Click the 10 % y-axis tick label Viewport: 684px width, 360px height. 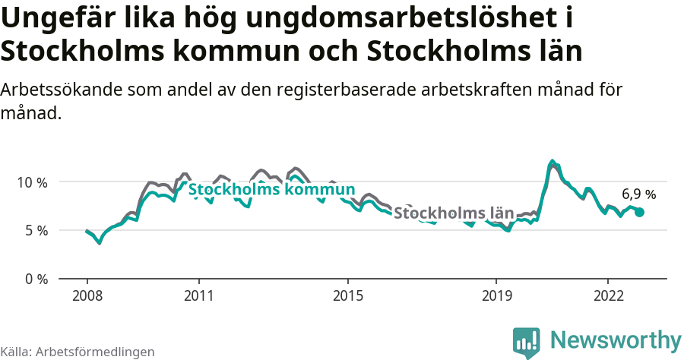[32, 182]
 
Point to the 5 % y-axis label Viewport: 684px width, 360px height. [35, 230]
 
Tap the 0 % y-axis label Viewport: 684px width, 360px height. [35, 279]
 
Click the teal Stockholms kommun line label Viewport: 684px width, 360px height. [271, 189]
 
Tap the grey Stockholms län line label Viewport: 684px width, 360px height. [454, 213]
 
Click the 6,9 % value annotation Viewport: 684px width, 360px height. [638, 194]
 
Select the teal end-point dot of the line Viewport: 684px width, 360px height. [639, 213]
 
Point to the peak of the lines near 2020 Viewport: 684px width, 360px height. [553, 162]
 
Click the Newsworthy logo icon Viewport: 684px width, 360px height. [527, 343]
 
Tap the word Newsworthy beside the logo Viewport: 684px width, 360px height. [616, 340]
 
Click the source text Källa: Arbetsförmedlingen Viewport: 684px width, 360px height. [78, 352]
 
